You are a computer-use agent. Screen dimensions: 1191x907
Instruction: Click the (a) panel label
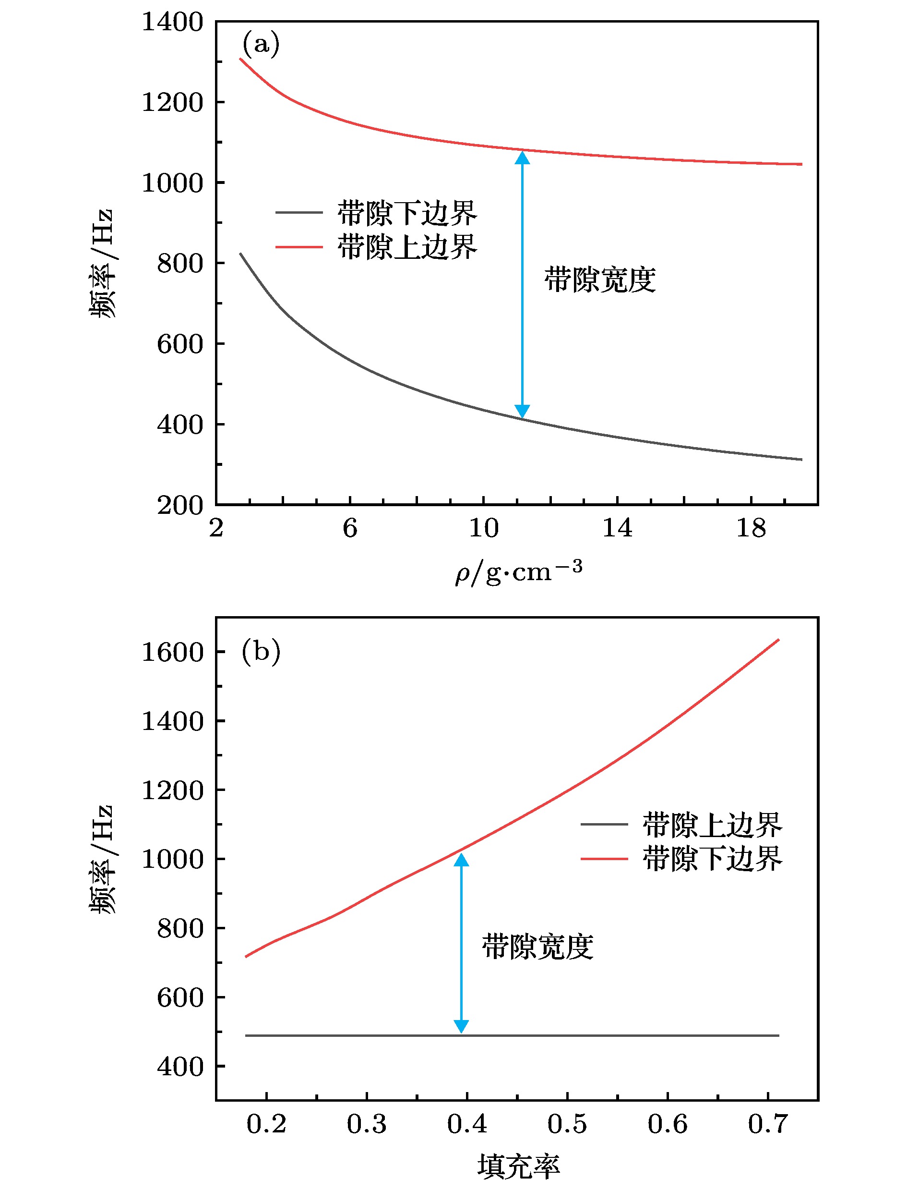261,44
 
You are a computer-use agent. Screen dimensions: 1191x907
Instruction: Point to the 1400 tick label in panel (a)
172,23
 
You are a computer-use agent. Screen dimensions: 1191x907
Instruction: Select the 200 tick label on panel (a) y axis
180,506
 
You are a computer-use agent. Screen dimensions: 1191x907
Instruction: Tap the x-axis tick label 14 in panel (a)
617,528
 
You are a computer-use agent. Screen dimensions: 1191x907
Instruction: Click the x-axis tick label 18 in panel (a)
751,528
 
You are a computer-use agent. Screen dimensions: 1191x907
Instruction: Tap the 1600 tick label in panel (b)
172,652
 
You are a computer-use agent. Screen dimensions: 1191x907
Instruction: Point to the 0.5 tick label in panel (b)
567,1124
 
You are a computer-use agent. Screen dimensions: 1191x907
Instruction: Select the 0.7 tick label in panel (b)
768,1124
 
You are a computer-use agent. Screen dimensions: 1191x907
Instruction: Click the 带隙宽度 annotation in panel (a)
600,280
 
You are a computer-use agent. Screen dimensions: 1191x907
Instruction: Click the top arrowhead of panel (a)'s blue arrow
522,158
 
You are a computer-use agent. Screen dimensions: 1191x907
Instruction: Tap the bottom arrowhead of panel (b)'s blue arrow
461,1026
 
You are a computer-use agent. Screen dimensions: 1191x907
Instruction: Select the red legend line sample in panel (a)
299,247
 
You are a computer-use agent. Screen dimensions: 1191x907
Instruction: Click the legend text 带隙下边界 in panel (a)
407,213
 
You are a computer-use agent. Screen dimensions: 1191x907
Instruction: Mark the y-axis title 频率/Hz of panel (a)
102,263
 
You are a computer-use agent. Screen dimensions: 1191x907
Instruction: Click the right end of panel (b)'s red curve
778,640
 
